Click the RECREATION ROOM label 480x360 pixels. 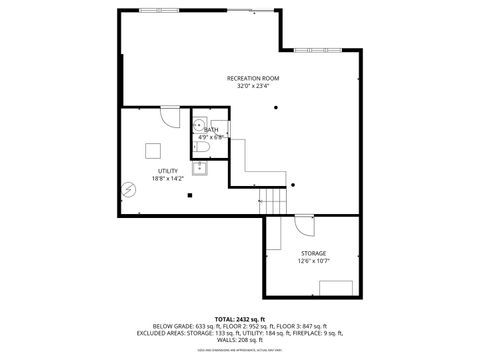coord(252,78)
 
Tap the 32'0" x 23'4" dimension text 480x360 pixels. coord(252,87)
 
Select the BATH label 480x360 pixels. coord(211,129)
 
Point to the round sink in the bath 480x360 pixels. coord(199,127)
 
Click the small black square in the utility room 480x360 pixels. coord(188,196)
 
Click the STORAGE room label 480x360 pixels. coord(313,253)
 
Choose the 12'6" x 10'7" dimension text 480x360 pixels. coord(313,261)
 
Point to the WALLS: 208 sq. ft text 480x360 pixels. coord(239,340)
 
